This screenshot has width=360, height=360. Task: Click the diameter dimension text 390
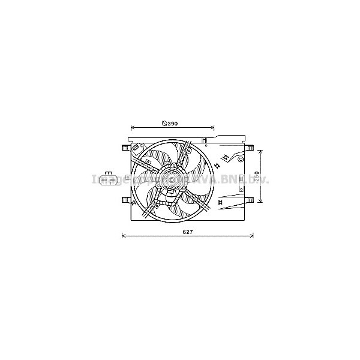tap(173, 124)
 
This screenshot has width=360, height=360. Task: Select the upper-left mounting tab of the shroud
tap(125, 147)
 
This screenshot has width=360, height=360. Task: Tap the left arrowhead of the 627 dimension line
tap(124, 235)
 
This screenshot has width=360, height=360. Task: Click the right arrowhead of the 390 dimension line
tap(212, 128)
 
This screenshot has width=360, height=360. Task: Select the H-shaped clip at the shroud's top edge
tap(205, 143)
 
